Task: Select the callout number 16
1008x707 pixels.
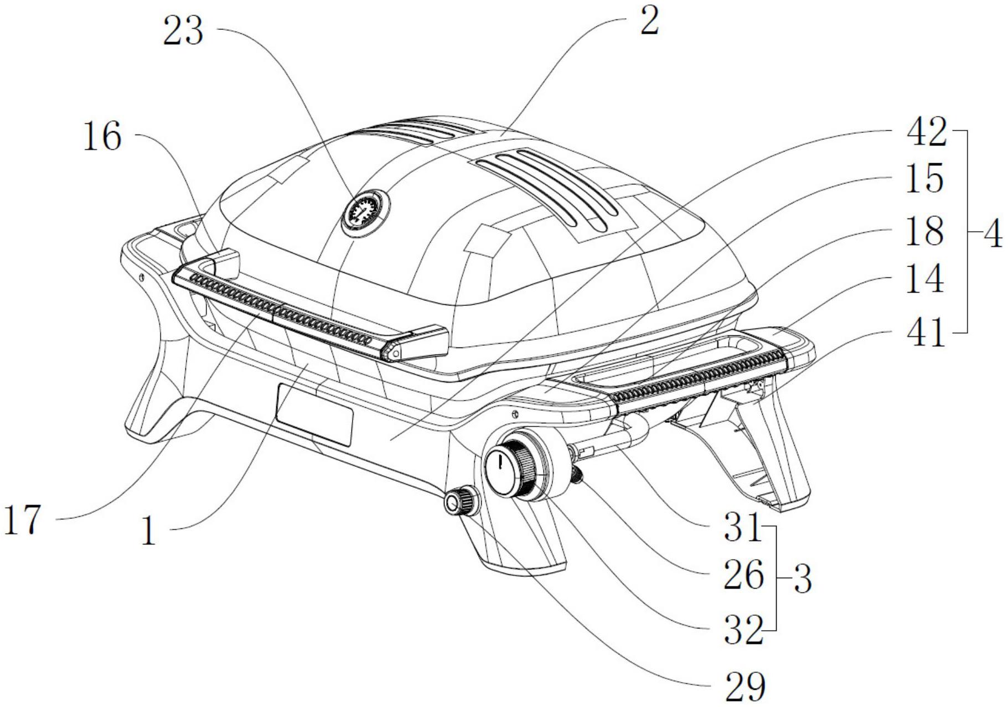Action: (x=102, y=137)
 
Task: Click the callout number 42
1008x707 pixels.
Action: (x=926, y=133)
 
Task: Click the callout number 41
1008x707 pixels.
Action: (x=924, y=333)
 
